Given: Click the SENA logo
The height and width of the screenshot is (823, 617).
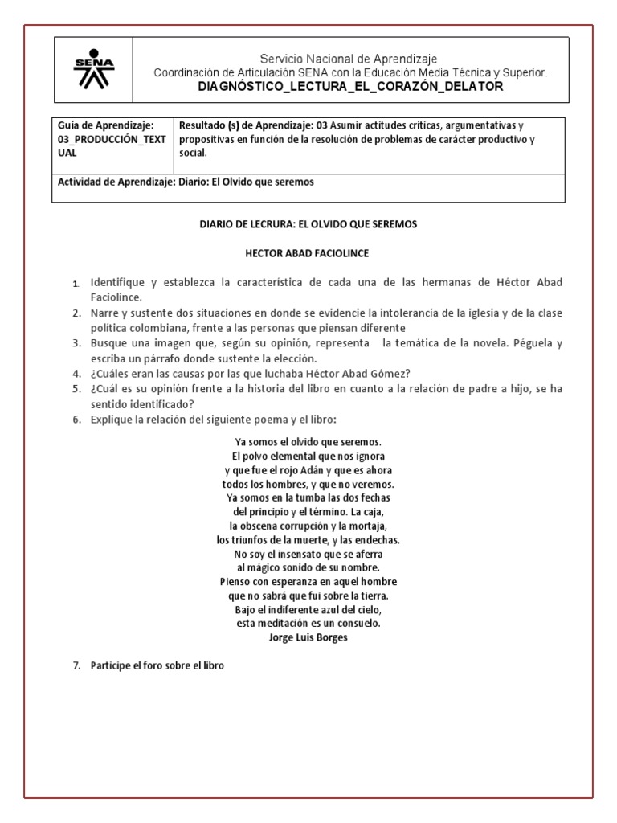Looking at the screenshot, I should point(94,71).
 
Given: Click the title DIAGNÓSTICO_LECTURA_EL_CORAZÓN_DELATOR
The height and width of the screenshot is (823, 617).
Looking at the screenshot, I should point(350,87).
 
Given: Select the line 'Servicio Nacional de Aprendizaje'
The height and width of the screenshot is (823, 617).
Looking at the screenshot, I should point(349,59).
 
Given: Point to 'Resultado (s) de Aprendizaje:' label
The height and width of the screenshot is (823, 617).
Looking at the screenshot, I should point(246,125).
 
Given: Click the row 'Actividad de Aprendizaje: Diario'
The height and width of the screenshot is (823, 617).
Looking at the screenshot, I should point(186,182).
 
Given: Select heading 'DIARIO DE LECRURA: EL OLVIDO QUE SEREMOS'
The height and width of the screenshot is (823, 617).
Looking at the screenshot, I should point(308,224).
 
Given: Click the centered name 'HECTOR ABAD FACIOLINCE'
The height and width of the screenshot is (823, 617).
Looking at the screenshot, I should point(308,253).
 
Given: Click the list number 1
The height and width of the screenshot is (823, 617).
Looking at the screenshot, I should point(76,284).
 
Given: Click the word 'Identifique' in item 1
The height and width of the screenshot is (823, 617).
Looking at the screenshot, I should point(117,283).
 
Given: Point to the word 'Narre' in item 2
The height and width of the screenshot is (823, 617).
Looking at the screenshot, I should point(105,313).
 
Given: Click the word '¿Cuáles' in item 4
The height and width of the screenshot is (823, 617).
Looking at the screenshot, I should point(109,374).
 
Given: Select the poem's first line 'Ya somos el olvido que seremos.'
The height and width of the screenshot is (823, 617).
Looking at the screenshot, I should point(308,442).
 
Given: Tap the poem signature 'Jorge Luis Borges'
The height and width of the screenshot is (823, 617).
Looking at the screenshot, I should point(308,638).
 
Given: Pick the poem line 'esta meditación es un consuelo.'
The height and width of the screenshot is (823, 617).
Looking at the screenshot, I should point(308,623).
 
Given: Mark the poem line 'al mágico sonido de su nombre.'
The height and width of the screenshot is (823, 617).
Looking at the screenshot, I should point(308,567).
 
